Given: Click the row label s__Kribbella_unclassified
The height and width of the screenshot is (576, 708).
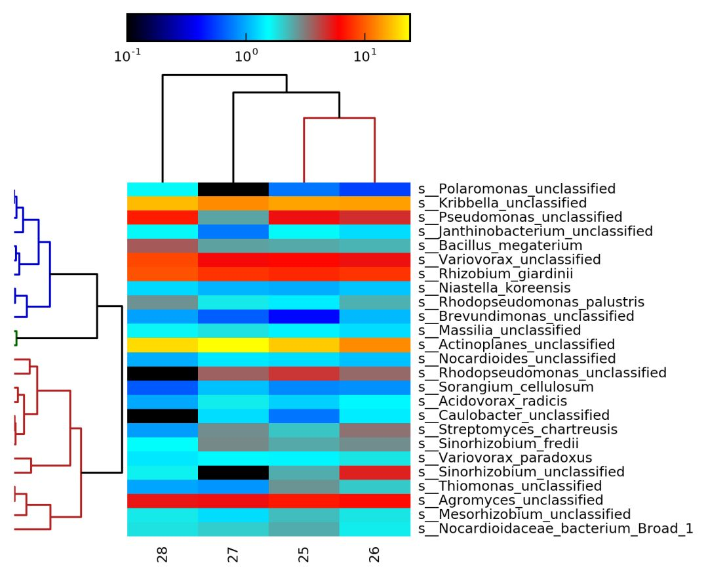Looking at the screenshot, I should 502,203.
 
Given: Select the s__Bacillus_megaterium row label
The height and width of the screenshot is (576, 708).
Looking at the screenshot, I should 500,245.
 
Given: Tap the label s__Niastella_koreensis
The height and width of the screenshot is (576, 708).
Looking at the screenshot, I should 494,288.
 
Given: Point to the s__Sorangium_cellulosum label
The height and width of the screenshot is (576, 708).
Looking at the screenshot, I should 506,387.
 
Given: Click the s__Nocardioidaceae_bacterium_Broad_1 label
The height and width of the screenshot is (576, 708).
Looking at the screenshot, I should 555,529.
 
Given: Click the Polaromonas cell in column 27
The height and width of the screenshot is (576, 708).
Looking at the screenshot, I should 233,189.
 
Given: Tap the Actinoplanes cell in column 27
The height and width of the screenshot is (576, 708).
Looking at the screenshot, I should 233,344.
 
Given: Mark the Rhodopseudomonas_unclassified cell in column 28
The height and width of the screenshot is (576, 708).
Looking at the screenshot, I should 163,373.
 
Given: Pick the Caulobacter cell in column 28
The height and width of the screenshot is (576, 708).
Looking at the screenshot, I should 163,415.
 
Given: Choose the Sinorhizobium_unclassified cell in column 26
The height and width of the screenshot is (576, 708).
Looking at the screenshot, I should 375,472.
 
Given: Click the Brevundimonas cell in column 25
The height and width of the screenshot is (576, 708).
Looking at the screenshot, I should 304,316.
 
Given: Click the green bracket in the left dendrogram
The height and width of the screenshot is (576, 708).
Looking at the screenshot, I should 15,338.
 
